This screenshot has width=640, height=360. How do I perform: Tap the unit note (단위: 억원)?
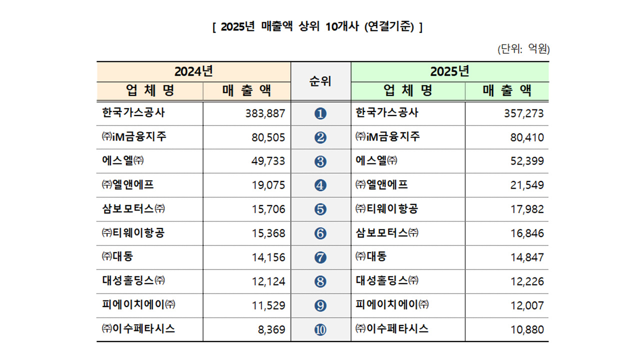pyautogui.click(x=523, y=49)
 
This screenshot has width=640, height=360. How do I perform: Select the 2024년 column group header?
pyautogui.click(x=193, y=71)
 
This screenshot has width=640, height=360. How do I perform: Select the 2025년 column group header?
pyautogui.click(x=449, y=71)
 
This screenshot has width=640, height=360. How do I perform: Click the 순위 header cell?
pyautogui.click(x=320, y=81)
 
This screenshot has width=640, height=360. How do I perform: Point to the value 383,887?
pyautogui.click(x=265, y=113)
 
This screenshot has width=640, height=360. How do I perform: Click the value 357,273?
pyautogui.click(x=523, y=113)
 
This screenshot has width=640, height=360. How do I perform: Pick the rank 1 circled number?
pyautogui.click(x=320, y=113)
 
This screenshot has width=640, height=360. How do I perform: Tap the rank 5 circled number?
pyautogui.click(x=320, y=209)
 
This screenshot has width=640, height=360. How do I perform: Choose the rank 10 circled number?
pyautogui.click(x=320, y=330)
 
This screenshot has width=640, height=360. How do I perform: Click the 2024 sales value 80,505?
pyautogui.click(x=268, y=137)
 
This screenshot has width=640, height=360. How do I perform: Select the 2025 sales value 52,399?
pyautogui.click(x=526, y=161)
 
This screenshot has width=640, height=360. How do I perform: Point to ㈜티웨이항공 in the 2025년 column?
pyautogui.click(x=386, y=209)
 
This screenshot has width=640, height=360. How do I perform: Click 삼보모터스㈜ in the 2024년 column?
pyautogui.click(x=133, y=209)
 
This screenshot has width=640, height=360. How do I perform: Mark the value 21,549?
pyautogui.click(x=526, y=185)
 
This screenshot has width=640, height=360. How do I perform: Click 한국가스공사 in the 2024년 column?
pyautogui.click(x=133, y=113)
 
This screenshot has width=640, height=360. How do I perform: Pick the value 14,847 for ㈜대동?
pyautogui.click(x=526, y=257)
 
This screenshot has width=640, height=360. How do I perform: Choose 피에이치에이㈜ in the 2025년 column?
pyautogui.click(x=392, y=305)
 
